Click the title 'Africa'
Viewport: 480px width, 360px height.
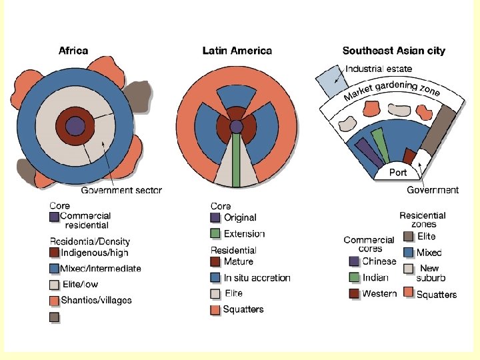pyautogui.click(x=73, y=50)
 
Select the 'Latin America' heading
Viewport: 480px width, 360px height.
pyautogui.click(x=237, y=51)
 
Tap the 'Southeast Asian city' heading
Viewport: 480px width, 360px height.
pyautogui.click(x=393, y=51)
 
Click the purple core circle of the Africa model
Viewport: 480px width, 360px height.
pyautogui.click(x=75, y=126)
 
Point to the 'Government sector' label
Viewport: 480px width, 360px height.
pyautogui.click(x=121, y=190)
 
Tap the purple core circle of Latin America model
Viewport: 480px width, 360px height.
pyautogui.click(x=236, y=126)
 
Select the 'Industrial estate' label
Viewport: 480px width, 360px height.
pyautogui.click(x=379, y=69)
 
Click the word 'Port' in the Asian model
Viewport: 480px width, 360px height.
pyautogui.click(x=398, y=172)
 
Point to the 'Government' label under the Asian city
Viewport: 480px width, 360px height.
pyautogui.click(x=433, y=190)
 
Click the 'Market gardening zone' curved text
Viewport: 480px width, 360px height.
pyautogui.click(x=392, y=91)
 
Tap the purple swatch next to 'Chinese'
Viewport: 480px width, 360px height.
pyautogui.click(x=354, y=261)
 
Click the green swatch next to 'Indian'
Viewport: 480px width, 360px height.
pyautogui.click(x=354, y=277)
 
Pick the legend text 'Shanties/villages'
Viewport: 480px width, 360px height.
pyautogui.click(x=96, y=300)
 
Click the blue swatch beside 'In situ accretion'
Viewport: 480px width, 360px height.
pyautogui.click(x=215, y=277)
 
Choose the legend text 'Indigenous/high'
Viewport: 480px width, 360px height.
pyautogui.click(x=94, y=253)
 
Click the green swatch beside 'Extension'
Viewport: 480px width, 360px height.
pyautogui.click(x=215, y=234)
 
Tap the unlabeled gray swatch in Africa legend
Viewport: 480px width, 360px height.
pyautogui.click(x=55, y=317)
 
